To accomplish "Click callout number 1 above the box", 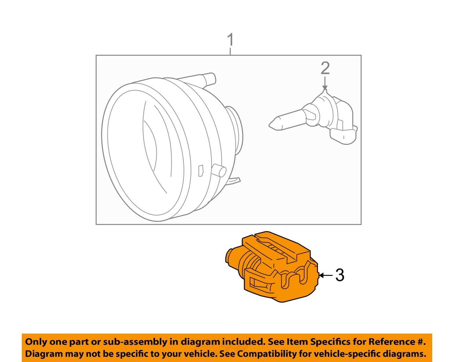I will pyautogui.click(x=231, y=40).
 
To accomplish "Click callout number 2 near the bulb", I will pyautogui.click(x=325, y=68).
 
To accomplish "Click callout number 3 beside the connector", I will pyautogui.click(x=340, y=275).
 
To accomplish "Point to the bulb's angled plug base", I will pyautogui.click(x=344, y=135).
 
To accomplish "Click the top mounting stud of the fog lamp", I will pyautogui.click(x=209, y=79).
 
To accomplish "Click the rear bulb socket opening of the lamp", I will pyautogui.click(x=236, y=130).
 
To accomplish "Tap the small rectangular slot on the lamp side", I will pyautogui.click(x=200, y=171).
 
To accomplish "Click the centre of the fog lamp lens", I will pyautogui.click(x=145, y=151).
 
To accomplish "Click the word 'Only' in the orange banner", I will pyautogui.click(x=36, y=342).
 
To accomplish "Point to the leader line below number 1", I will pyautogui.click(x=230, y=51).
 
